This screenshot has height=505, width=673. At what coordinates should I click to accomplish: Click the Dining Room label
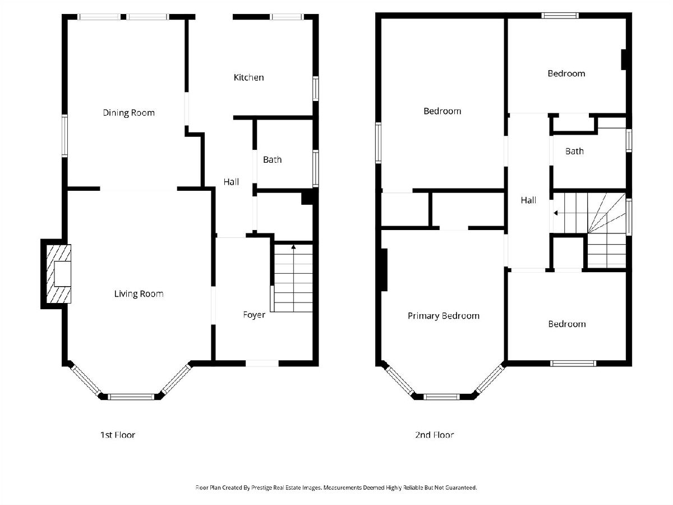[x=128, y=113]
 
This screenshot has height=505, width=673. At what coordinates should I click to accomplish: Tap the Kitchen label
[x=248, y=77]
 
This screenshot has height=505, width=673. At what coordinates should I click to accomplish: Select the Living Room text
[x=139, y=293]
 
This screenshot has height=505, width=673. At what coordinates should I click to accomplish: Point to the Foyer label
[x=254, y=315]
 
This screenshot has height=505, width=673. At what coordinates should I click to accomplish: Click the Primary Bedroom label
[x=444, y=316]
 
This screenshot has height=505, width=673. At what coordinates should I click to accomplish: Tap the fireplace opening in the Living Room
[x=63, y=274]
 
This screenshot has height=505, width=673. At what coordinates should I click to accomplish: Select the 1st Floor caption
[x=118, y=435]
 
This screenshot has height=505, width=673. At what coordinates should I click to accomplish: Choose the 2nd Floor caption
[x=434, y=435]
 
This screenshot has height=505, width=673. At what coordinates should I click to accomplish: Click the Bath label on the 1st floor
[x=272, y=160]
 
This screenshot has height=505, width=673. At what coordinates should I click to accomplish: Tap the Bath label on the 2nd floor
[x=574, y=151]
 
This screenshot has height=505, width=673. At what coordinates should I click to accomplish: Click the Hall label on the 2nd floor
[x=528, y=200]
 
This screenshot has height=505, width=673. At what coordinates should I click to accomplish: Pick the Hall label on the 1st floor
[x=231, y=182]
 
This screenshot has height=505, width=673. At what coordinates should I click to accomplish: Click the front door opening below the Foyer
[x=262, y=364]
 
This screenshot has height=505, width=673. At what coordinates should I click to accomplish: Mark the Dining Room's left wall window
[x=64, y=136]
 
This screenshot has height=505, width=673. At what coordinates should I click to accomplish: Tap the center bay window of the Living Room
[x=131, y=397]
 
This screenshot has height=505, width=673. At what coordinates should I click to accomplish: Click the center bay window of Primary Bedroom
[x=441, y=397]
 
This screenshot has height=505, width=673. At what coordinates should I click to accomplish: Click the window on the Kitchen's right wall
[x=316, y=89]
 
